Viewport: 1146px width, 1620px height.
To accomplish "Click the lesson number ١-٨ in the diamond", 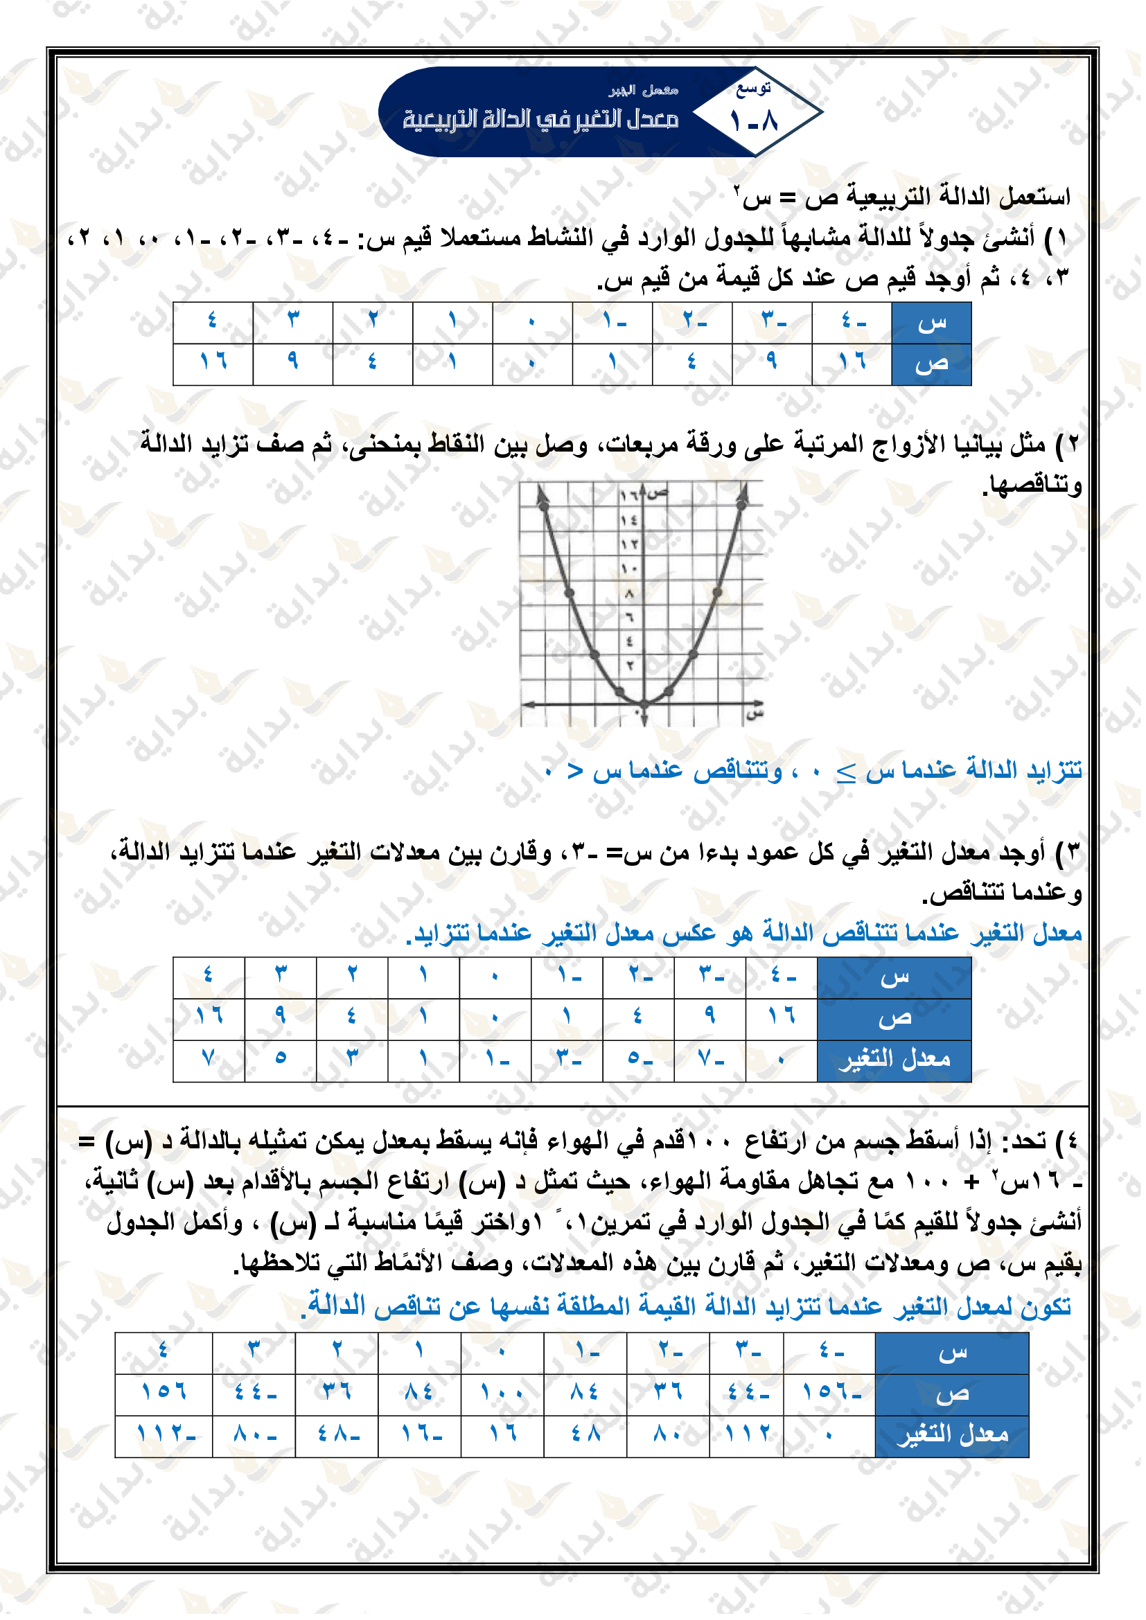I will pos(754,121).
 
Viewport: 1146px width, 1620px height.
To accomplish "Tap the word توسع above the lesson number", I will pos(753,89).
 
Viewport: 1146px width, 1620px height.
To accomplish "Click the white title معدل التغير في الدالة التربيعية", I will pos(540,119).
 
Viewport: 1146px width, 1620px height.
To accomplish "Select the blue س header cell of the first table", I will pos(931,323).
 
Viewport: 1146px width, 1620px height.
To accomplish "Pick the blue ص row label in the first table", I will pos(931,364).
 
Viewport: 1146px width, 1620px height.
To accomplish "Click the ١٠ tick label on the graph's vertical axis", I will pos(628,568).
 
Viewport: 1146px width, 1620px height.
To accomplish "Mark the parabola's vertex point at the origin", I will pos(644,704).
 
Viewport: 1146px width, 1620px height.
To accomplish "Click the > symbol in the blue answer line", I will pos(575,771).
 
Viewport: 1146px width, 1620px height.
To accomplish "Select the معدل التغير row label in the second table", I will pos(894,1059).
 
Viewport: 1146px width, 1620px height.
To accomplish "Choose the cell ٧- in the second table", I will pos(709,1058).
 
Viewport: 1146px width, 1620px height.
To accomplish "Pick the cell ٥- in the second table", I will pos(638,1058).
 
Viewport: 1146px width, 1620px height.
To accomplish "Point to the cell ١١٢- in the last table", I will pos(164,1433).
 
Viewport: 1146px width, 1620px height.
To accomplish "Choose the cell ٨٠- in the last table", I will pos(254,1433).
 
